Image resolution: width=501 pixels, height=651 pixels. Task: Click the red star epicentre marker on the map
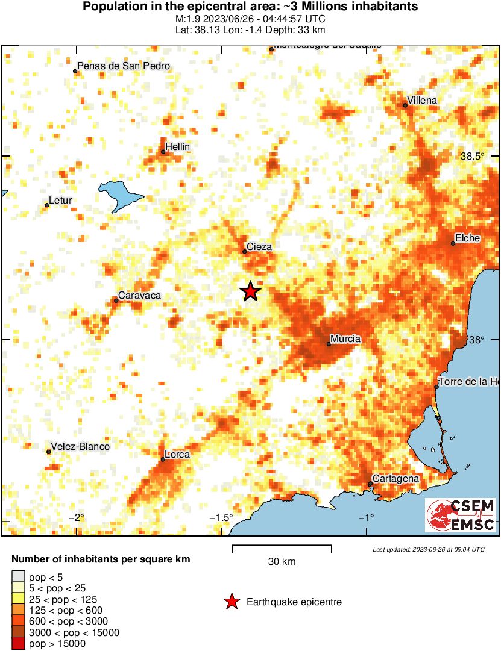click(250, 291)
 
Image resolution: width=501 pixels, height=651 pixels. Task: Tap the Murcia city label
click(345, 339)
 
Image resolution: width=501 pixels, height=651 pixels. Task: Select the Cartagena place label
click(395, 478)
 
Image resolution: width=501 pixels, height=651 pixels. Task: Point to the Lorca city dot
click(163, 459)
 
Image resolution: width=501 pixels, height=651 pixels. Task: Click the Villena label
click(422, 100)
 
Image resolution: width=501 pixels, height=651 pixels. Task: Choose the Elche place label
click(467, 238)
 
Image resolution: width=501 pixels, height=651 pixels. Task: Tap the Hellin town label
click(177, 146)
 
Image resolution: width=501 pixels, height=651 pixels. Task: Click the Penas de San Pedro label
click(125, 66)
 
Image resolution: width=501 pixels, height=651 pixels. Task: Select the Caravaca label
click(139, 295)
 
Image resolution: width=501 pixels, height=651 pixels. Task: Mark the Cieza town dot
click(244, 251)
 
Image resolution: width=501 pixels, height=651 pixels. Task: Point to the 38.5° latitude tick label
click(473, 156)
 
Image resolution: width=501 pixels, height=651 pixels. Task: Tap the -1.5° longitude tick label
click(221, 518)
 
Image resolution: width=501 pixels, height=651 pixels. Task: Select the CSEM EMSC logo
click(461, 516)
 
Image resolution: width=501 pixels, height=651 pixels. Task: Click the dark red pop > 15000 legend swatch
click(18, 644)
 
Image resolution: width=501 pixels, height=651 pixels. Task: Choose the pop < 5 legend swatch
click(18, 578)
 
